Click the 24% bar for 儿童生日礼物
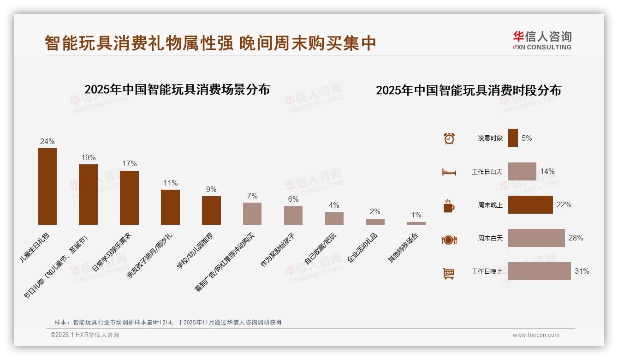48,186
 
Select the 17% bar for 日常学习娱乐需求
129,198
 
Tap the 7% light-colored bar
252,214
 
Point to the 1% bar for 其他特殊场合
416,223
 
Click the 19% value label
89,158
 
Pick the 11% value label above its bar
170,183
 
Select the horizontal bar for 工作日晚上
539,271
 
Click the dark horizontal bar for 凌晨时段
513,138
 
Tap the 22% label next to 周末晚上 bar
564,205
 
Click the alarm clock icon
449,138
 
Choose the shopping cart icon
449,273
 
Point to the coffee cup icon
449,206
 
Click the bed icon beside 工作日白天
449,172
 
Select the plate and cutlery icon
449,240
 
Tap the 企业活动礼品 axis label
362,247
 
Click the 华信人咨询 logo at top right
542,40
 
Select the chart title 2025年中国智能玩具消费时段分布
468,90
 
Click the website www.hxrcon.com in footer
535,335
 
